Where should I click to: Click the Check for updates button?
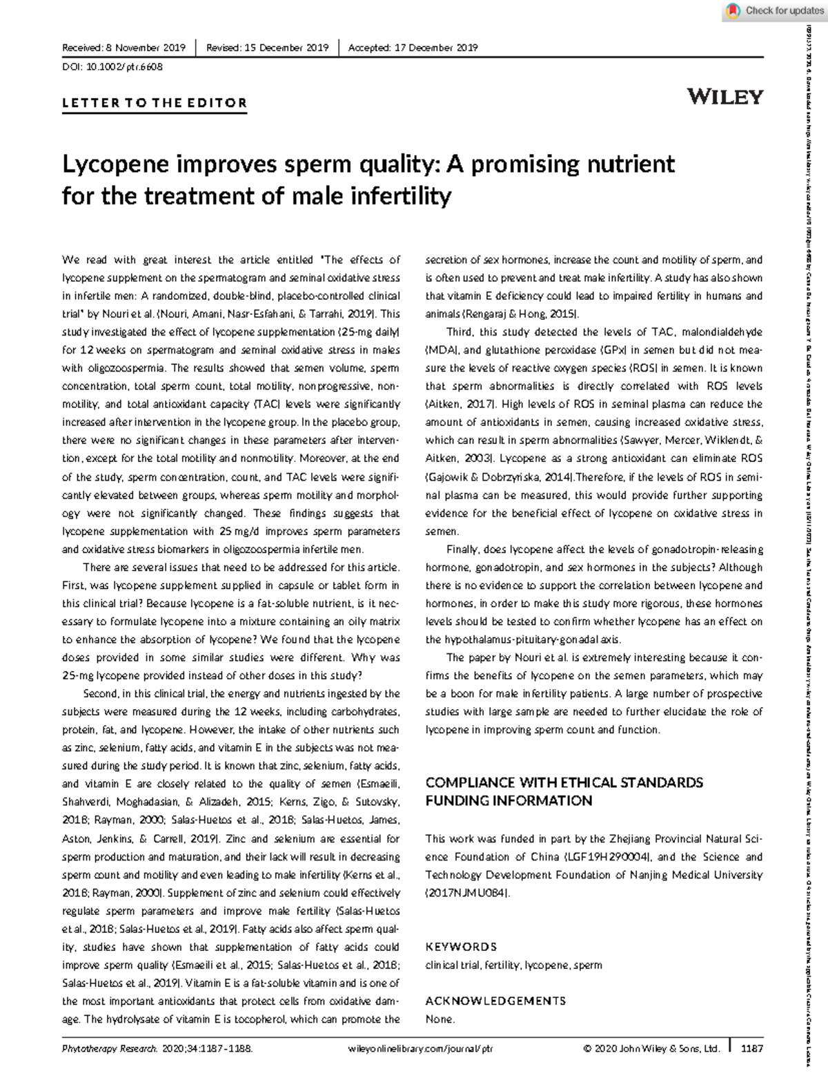[x=776, y=10]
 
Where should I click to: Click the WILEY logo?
[x=725, y=97]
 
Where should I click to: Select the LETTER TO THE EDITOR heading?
[x=155, y=104]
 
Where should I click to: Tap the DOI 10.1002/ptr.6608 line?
[x=112, y=67]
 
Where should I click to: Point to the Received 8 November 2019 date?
[x=124, y=48]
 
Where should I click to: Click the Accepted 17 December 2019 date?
[x=413, y=48]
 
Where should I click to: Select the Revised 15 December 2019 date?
[x=267, y=48]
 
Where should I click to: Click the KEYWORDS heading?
[x=461, y=947]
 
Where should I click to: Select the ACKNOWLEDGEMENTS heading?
[x=495, y=1001]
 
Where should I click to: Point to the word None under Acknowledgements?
[x=440, y=1019]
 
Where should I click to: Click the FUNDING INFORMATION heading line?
[x=509, y=801]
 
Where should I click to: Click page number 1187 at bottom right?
[x=751, y=1048]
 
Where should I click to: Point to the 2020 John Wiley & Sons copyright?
[x=651, y=1048]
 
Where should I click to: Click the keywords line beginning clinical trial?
[x=513, y=965]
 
